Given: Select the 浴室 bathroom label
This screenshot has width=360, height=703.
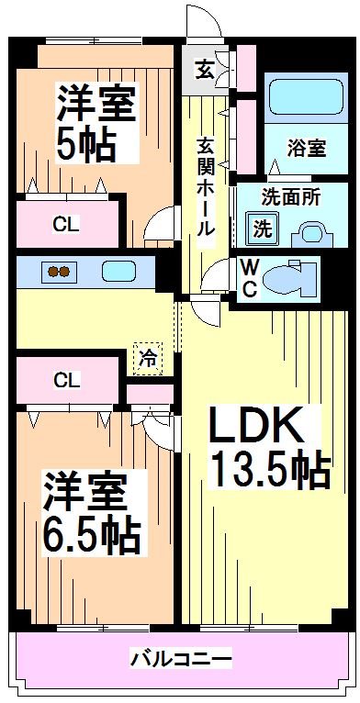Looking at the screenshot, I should click(x=306, y=148).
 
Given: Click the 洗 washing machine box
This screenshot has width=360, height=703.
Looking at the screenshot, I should click(x=262, y=227).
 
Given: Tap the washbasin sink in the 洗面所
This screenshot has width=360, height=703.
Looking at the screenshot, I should click(x=310, y=232).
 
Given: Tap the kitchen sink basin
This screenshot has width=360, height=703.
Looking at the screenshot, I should click(x=118, y=272).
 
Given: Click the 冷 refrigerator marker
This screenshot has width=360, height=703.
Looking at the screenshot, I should click(x=147, y=357).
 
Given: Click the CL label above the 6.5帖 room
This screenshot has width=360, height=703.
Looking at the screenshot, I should click(x=64, y=379).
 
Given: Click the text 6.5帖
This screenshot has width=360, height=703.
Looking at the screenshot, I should click(x=92, y=532).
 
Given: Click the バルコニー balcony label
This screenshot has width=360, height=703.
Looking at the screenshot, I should click(x=180, y=658).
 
